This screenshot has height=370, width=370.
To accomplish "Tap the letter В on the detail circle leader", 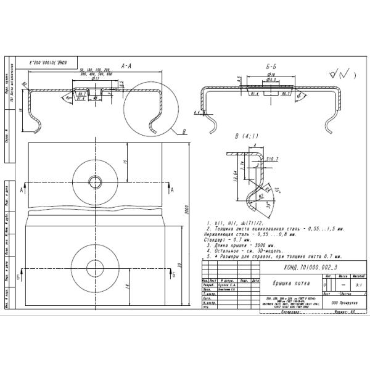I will tap(184, 131).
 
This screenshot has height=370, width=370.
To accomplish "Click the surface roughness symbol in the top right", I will tap(338, 75).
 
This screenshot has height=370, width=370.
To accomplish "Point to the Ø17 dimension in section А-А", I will tap(96, 78).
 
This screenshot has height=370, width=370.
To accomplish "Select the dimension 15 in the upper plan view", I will tap(125, 162).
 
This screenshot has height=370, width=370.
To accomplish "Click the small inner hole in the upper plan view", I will tap(95, 181).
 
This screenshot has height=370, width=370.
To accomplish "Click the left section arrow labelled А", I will tap(23, 187).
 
